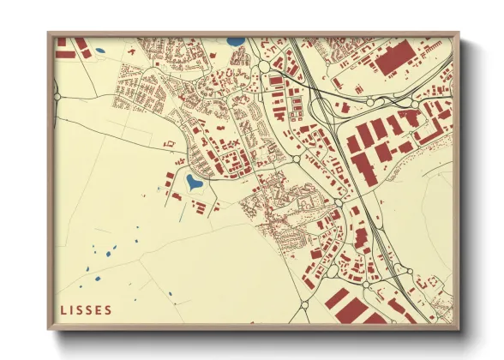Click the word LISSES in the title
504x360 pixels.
tap(86, 309)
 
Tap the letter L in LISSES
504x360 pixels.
tap(63, 309)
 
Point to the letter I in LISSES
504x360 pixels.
tap(72, 309)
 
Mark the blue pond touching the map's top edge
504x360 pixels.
tap(234, 39)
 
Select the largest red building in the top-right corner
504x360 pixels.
tap(395, 60)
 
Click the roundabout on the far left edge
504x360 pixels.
tap(57, 98)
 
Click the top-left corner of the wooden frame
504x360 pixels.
tap(50, 34)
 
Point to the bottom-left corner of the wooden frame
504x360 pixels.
tap(50, 329)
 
